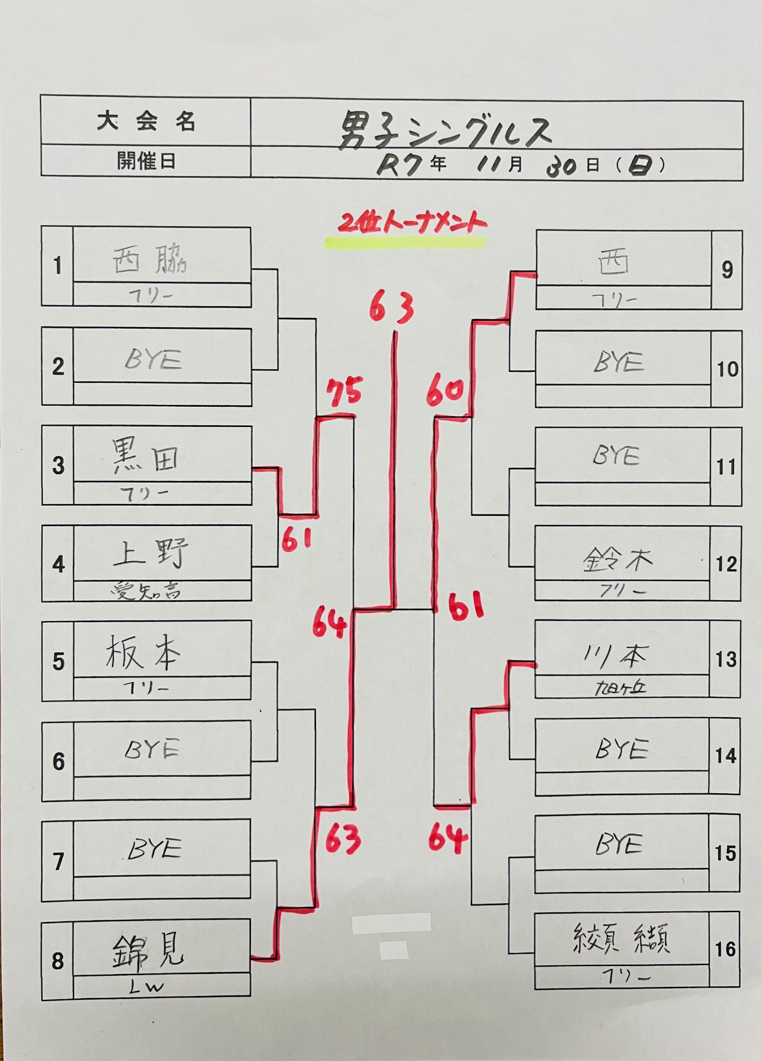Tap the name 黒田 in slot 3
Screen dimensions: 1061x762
[146, 456]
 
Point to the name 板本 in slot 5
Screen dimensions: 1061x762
[143, 652]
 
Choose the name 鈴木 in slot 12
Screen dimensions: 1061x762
[618, 559]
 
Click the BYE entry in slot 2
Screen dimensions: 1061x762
[153, 360]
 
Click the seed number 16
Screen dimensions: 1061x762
[725, 949]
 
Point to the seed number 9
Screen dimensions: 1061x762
[727, 269]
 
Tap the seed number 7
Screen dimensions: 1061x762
[59, 861]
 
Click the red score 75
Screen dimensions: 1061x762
[344, 393]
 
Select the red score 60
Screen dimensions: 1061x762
[445, 391]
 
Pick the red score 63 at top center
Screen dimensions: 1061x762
[392, 308]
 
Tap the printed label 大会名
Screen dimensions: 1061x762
[146, 122]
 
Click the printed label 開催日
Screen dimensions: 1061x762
[146, 161]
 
